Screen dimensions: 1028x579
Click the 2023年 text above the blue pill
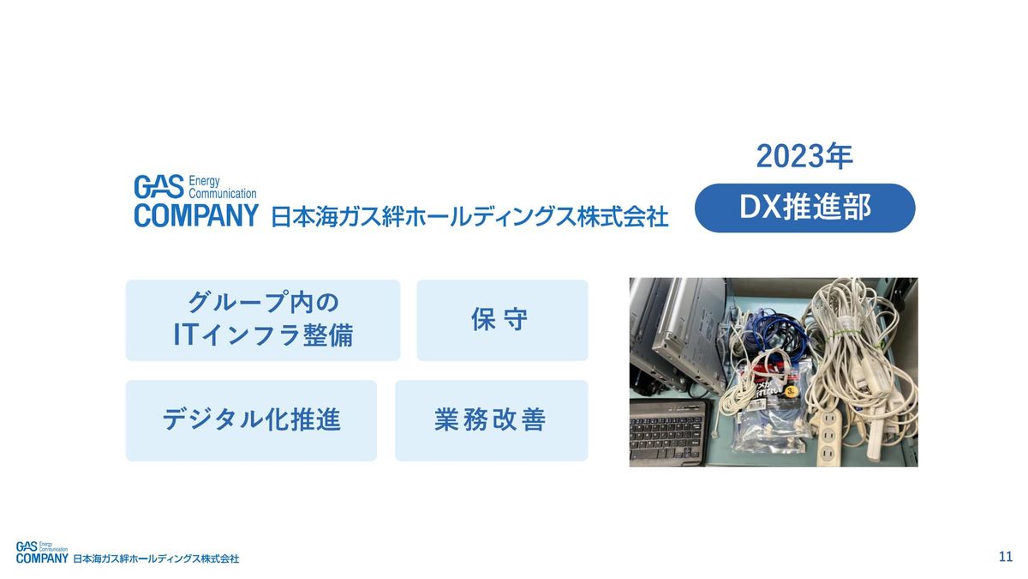pos(804,156)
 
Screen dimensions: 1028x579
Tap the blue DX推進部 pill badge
pos(805,208)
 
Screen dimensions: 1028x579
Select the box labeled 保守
pos(502,320)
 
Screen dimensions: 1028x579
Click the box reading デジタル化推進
pos(251,420)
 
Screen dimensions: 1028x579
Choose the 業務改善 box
pos(491,420)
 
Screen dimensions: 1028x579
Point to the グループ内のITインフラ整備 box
pos(262,320)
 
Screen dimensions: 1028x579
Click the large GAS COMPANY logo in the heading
pos(196,201)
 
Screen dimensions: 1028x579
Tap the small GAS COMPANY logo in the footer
pos(42,552)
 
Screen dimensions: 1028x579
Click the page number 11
pos(1006,557)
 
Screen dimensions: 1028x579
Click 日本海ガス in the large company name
pos(326,217)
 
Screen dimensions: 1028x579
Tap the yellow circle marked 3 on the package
pos(791,391)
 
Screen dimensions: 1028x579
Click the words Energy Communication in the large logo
pos(222,187)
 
